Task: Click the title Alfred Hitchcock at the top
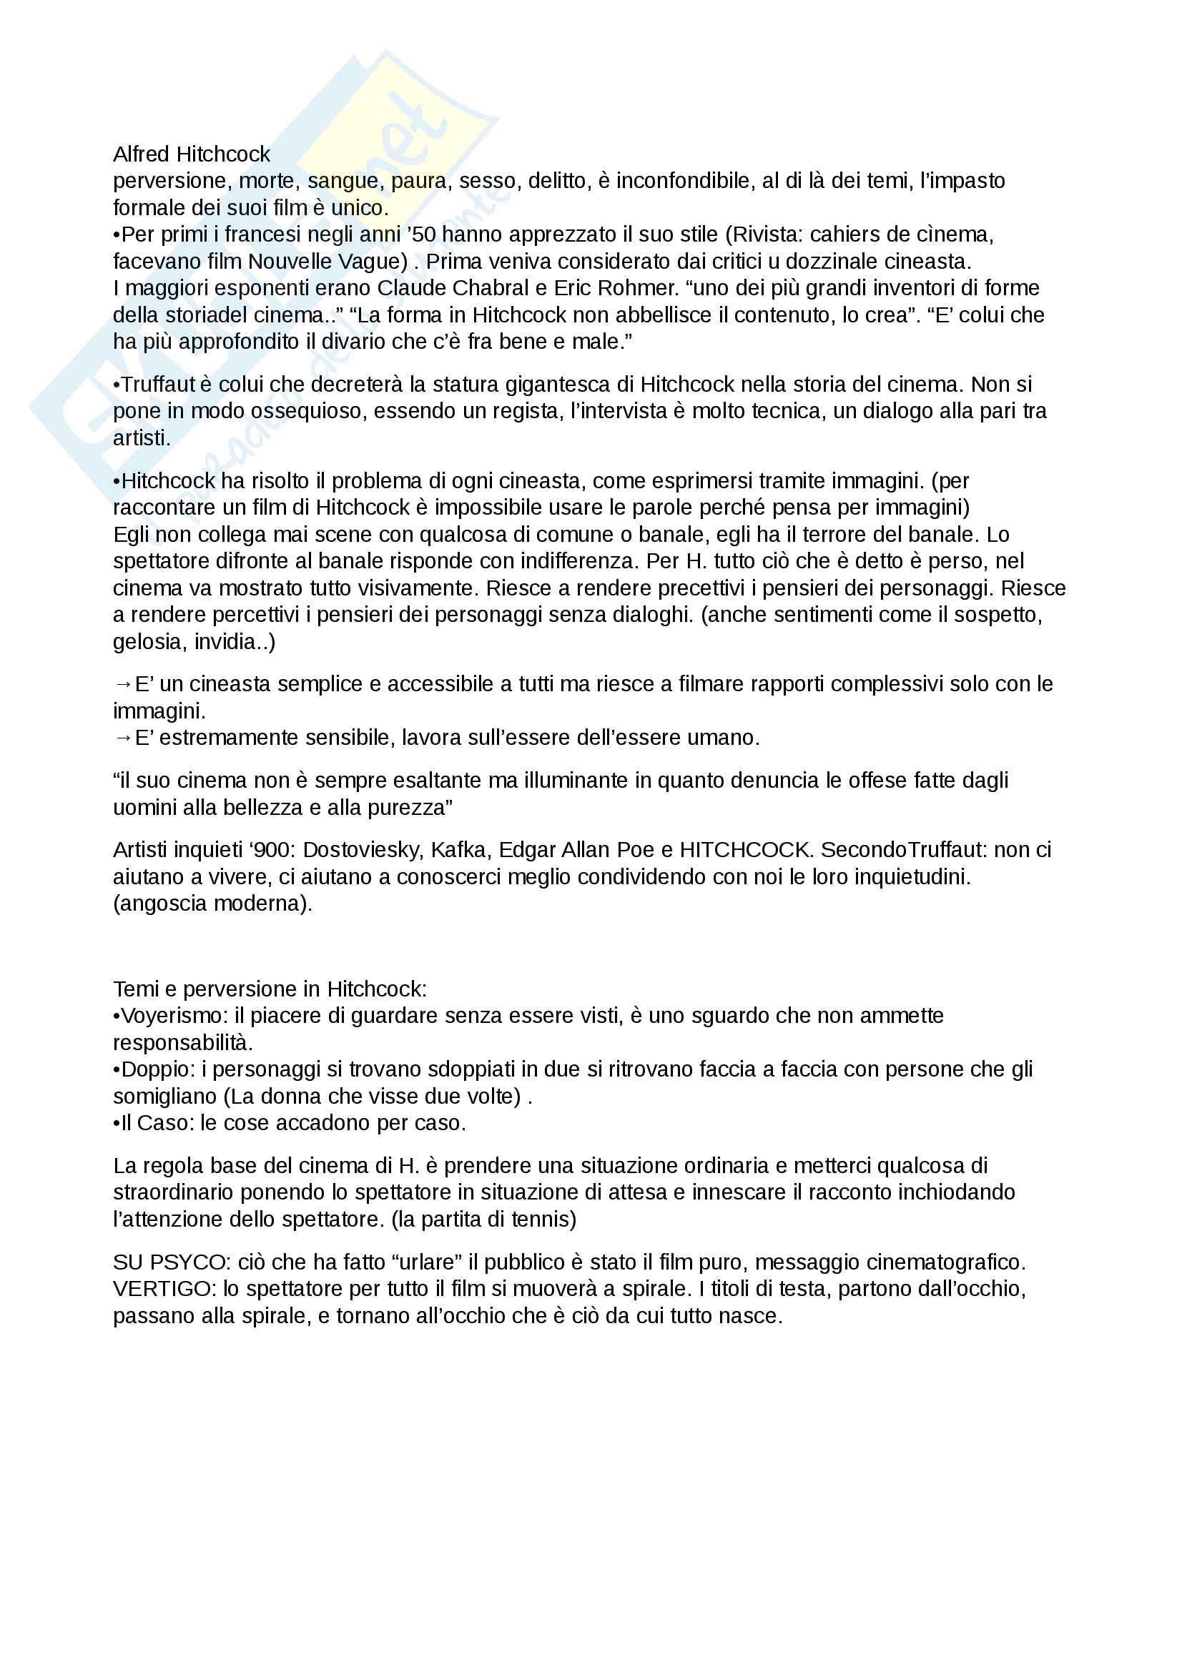coord(192,154)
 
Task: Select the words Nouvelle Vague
coord(327,262)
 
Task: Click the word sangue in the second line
coord(343,182)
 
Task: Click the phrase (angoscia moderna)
coord(212,904)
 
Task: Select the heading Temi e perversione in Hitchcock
coord(270,989)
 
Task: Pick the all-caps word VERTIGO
coord(162,1289)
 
